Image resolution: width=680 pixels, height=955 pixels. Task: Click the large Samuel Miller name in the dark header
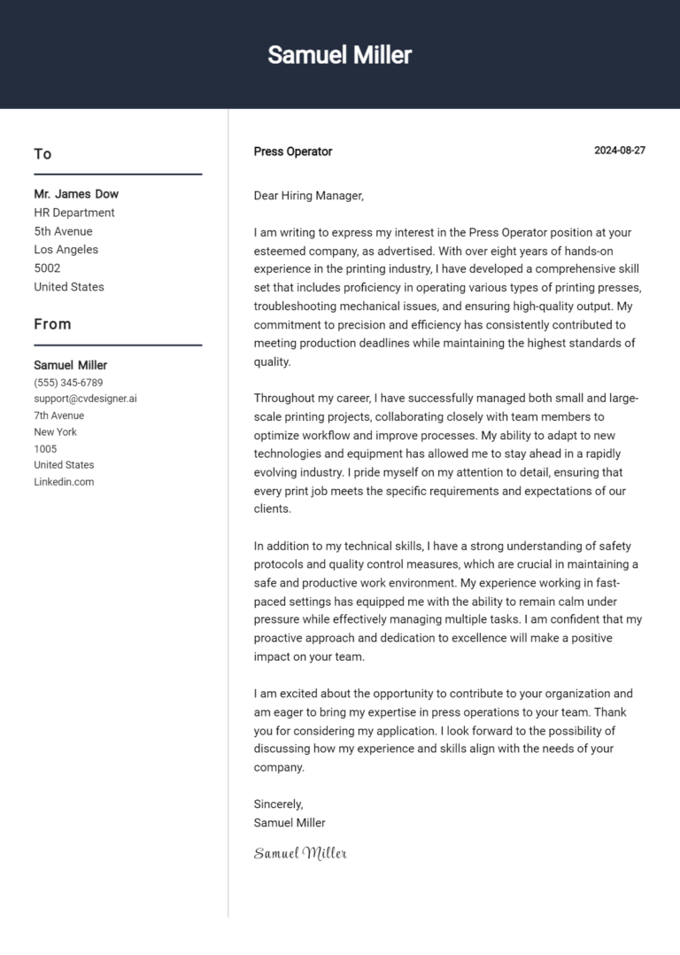click(x=339, y=55)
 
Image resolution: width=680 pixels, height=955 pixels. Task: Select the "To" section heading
click(x=42, y=154)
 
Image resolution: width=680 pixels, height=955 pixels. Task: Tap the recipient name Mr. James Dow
click(x=76, y=194)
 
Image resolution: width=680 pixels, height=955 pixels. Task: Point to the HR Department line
click(x=74, y=213)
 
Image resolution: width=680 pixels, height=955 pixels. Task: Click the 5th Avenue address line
click(x=63, y=231)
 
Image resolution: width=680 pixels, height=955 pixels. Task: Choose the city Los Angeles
click(x=66, y=250)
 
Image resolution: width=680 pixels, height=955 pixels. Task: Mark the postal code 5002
click(x=47, y=268)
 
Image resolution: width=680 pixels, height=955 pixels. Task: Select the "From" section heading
click(x=52, y=324)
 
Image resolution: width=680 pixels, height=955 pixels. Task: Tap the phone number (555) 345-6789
click(x=68, y=383)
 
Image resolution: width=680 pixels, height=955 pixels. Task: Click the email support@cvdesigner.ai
click(x=85, y=399)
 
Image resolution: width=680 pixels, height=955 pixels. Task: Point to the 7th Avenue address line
click(x=59, y=415)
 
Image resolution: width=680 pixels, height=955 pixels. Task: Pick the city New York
click(x=55, y=432)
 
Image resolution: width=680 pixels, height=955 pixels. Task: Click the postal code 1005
click(x=45, y=448)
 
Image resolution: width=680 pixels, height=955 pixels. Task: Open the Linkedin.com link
click(x=64, y=482)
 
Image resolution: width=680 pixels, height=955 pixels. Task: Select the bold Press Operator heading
click(x=292, y=151)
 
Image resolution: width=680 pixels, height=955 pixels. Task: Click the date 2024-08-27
click(x=619, y=151)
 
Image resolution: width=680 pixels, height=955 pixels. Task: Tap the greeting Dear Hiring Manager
click(x=308, y=196)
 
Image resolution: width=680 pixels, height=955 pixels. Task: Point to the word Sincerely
click(x=278, y=804)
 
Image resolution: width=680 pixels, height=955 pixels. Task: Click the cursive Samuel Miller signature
click(x=300, y=853)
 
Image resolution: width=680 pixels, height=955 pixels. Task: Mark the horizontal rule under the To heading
click(x=118, y=175)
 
